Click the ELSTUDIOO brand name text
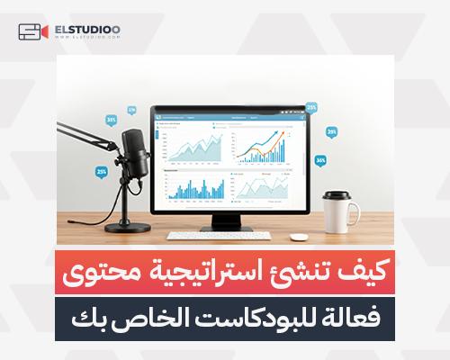click(x=87, y=30)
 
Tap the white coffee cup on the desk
click(x=338, y=211)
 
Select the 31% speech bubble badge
click(x=112, y=120)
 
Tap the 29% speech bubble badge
click(x=331, y=131)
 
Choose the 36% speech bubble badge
click(x=320, y=161)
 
